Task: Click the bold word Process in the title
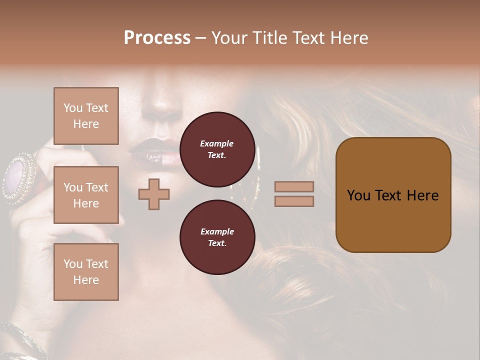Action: coord(157,38)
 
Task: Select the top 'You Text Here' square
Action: coord(86,116)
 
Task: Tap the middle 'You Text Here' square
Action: coord(86,195)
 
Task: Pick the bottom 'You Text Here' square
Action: coord(86,272)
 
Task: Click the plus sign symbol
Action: coord(154,194)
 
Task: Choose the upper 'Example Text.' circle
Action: coord(217,149)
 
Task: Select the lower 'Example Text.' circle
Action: coord(217,237)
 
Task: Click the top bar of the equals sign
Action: coord(294,186)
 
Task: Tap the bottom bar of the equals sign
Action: coord(294,201)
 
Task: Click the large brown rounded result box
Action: coord(393,195)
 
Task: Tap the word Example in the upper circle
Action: coord(217,143)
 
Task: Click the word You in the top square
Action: coord(73,108)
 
